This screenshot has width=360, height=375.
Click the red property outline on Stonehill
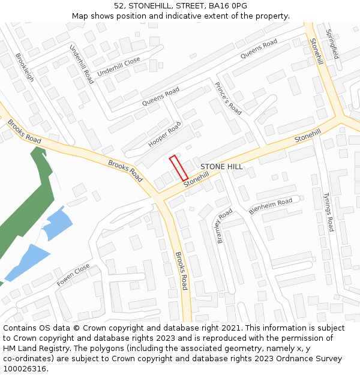[x=179, y=168]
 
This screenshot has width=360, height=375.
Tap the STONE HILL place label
[x=221, y=167]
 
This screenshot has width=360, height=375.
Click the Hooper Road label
[x=164, y=135]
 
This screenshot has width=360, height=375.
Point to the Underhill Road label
[x=82, y=64]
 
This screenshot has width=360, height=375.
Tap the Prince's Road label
[x=228, y=98]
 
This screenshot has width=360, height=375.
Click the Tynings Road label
[x=328, y=212]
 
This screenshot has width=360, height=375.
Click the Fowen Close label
[x=73, y=274]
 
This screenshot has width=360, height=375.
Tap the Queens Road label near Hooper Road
[x=161, y=97]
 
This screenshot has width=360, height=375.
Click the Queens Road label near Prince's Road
[x=259, y=49]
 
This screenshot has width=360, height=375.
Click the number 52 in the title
[x=119, y=6]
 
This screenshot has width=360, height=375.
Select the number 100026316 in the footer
[x=24, y=369]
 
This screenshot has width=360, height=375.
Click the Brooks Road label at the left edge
[x=24, y=131]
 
